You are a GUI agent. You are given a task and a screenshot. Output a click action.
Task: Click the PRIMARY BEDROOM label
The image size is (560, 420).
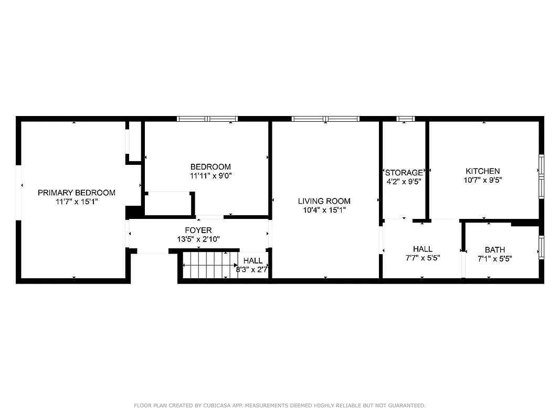click(77, 193)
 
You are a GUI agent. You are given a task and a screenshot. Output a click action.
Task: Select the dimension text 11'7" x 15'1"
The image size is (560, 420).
click(77, 202)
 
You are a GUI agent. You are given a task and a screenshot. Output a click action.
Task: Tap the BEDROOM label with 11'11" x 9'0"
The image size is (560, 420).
click(210, 167)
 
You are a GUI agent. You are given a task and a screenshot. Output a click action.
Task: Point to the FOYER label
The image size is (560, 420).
click(198, 230)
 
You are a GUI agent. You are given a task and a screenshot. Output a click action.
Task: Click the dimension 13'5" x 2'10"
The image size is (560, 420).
click(198, 239)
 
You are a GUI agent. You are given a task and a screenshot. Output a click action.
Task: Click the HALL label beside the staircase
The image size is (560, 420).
click(253, 260)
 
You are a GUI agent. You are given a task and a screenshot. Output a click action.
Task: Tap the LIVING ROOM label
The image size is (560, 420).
click(324, 201)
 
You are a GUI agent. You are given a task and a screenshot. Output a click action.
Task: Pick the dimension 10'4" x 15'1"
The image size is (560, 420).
click(324, 209)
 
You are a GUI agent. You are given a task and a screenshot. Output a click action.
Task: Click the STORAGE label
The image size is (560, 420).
click(404, 172)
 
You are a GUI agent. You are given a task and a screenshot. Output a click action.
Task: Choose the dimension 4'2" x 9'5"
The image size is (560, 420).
click(404, 181)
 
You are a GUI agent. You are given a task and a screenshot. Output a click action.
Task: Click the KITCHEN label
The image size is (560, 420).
click(483, 171)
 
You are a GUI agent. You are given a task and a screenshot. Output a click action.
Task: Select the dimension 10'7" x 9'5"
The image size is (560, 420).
click(483, 180)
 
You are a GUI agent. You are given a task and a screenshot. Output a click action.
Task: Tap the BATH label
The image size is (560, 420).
click(494, 250)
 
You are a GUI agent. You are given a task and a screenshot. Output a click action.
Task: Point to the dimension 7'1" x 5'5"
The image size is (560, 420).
click(494, 258)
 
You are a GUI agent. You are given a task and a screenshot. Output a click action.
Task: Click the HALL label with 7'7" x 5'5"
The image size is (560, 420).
click(422, 249)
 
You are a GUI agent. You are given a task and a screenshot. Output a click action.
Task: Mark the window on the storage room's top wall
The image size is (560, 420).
click(405, 119)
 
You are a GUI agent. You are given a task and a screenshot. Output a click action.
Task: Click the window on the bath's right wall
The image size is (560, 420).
click(542, 247)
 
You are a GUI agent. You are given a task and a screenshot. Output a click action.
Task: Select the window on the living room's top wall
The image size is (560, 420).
click(325, 119)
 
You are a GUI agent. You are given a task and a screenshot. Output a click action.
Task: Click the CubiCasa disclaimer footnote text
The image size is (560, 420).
click(280, 405)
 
